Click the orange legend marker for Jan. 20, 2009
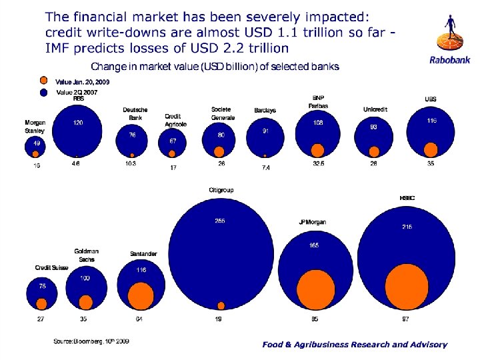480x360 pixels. (45, 81)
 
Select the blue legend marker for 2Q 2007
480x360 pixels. (45, 93)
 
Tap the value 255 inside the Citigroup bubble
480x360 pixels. (219, 221)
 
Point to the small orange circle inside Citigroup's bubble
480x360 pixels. (221, 305)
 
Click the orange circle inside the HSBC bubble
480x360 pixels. (407, 286)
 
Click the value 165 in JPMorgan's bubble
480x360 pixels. (314, 245)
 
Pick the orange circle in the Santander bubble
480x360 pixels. (140, 295)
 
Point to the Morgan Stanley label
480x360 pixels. (35, 126)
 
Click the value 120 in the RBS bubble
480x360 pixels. (78, 123)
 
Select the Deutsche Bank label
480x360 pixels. (135, 113)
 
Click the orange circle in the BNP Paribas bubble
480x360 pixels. (318, 149)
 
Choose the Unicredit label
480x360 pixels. (375, 109)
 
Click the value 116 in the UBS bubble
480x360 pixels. (433, 121)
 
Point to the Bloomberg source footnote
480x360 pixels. (91, 341)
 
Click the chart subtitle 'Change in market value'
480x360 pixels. (215, 67)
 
